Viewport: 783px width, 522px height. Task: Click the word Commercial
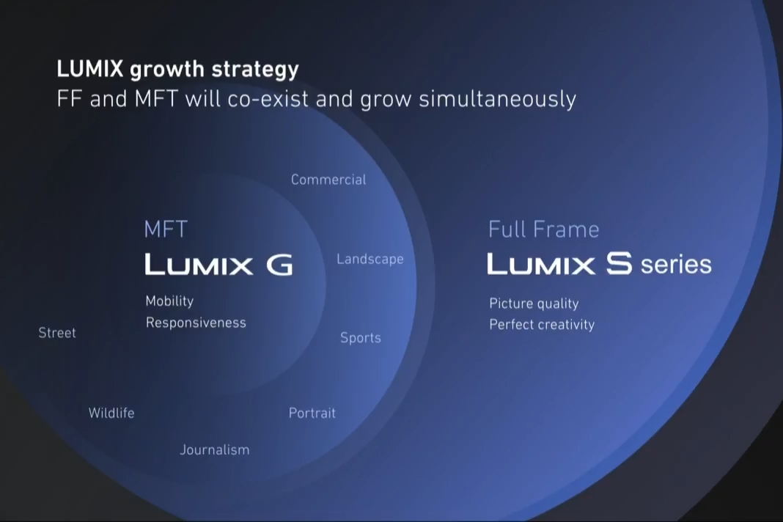328,180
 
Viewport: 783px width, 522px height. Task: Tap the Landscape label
370,260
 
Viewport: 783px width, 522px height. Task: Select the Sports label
361,338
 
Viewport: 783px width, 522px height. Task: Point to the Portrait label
312,413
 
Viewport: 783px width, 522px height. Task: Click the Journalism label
215,450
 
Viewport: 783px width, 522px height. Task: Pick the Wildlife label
111,413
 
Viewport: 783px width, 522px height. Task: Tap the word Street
57,333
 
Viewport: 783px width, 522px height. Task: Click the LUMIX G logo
218,264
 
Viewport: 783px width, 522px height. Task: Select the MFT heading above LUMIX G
166,229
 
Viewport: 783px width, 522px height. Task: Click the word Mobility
170,301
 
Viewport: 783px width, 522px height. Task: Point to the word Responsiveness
196,323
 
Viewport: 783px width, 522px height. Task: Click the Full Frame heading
544,229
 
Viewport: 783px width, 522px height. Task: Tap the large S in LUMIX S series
620,263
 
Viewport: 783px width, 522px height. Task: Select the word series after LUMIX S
676,264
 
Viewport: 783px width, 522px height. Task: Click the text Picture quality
534,304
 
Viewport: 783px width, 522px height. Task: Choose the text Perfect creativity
542,325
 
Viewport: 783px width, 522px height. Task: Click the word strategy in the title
255,70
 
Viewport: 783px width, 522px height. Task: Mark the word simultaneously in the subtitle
497,99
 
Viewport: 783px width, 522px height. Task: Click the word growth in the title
167,70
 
